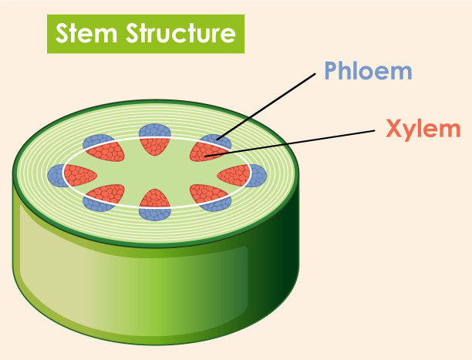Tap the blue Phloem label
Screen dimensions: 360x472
[368, 71]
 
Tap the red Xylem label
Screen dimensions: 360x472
[423, 128]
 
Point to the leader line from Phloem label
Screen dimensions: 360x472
[270, 105]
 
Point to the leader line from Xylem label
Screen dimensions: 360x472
[301, 139]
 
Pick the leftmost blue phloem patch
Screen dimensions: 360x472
[56, 176]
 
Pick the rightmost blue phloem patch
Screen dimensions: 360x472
[256, 175]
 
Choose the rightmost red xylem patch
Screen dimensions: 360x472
[233, 175]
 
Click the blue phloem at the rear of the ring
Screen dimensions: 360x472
[155, 131]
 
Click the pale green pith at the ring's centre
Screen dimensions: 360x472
[156, 172]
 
